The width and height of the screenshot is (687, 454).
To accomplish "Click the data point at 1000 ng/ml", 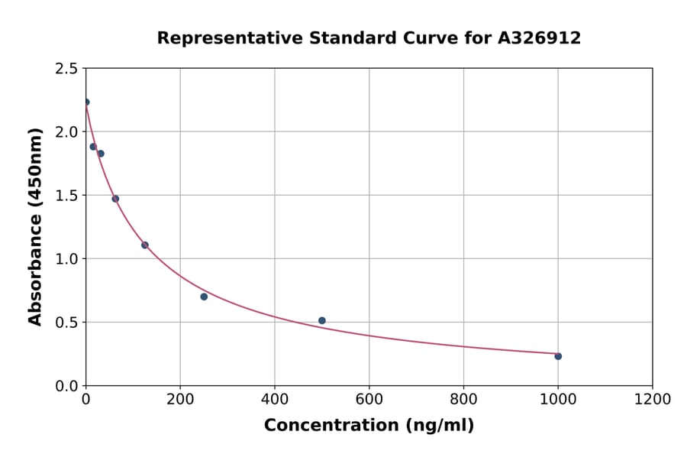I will coord(558,356).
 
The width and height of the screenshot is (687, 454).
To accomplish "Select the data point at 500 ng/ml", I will coord(322,321).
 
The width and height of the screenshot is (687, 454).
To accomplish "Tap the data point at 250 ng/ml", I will coord(204,297).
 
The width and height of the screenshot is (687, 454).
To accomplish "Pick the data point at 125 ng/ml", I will coord(145,245).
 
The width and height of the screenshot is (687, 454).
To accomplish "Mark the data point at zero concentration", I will coord(86,102).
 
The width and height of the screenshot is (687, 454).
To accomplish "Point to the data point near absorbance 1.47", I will coord(115,199).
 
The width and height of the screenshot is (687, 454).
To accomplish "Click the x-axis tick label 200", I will coord(180,400).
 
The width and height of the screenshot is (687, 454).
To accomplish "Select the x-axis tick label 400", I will coord(275,400).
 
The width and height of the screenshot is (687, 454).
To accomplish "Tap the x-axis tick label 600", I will coord(369,400).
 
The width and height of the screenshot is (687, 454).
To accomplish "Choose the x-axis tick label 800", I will coord(463,400).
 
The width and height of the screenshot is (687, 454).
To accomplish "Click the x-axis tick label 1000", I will coord(558,400).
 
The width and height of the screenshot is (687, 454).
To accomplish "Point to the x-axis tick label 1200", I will coord(653,400).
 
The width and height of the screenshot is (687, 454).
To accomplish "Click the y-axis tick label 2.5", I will coord(66,69).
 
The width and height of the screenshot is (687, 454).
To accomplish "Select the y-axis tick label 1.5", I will coord(66,196).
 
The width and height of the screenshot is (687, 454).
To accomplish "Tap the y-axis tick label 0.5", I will coord(66,323).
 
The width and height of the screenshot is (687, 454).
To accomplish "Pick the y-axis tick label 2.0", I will coord(66,132).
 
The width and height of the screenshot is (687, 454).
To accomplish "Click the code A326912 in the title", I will coord(539,38).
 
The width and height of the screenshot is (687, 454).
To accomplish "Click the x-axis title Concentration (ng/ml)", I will coord(369,426).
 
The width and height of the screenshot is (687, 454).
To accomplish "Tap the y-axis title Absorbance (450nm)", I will coord(35,226).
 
